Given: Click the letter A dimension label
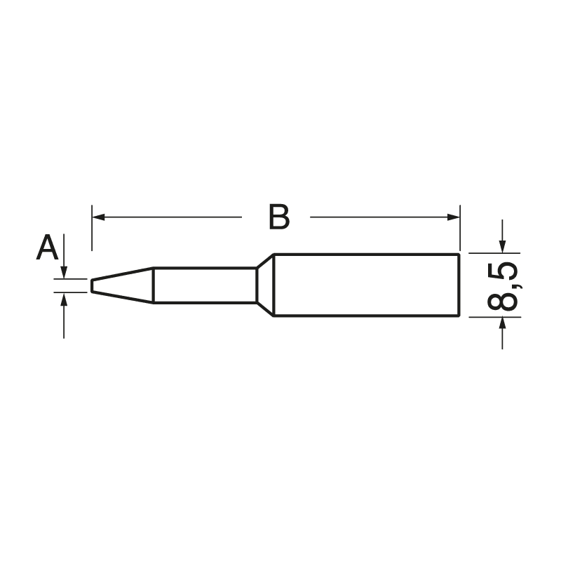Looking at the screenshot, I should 47,248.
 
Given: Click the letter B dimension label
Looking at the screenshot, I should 278,218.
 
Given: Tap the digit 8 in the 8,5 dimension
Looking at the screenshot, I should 502,299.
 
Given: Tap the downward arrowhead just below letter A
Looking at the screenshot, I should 64,273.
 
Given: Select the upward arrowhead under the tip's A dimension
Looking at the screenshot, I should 64,299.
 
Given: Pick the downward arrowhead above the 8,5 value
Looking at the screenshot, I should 502,246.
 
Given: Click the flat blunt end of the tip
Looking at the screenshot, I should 91,285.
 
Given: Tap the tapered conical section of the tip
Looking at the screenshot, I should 123,285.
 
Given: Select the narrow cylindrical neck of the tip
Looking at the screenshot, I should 203,285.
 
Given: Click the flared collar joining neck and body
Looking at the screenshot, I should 264,285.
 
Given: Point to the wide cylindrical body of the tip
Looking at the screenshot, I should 365,285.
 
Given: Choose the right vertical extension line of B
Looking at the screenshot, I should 460,228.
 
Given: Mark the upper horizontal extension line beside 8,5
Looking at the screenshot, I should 494,252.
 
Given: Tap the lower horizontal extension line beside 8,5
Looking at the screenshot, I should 494,316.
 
